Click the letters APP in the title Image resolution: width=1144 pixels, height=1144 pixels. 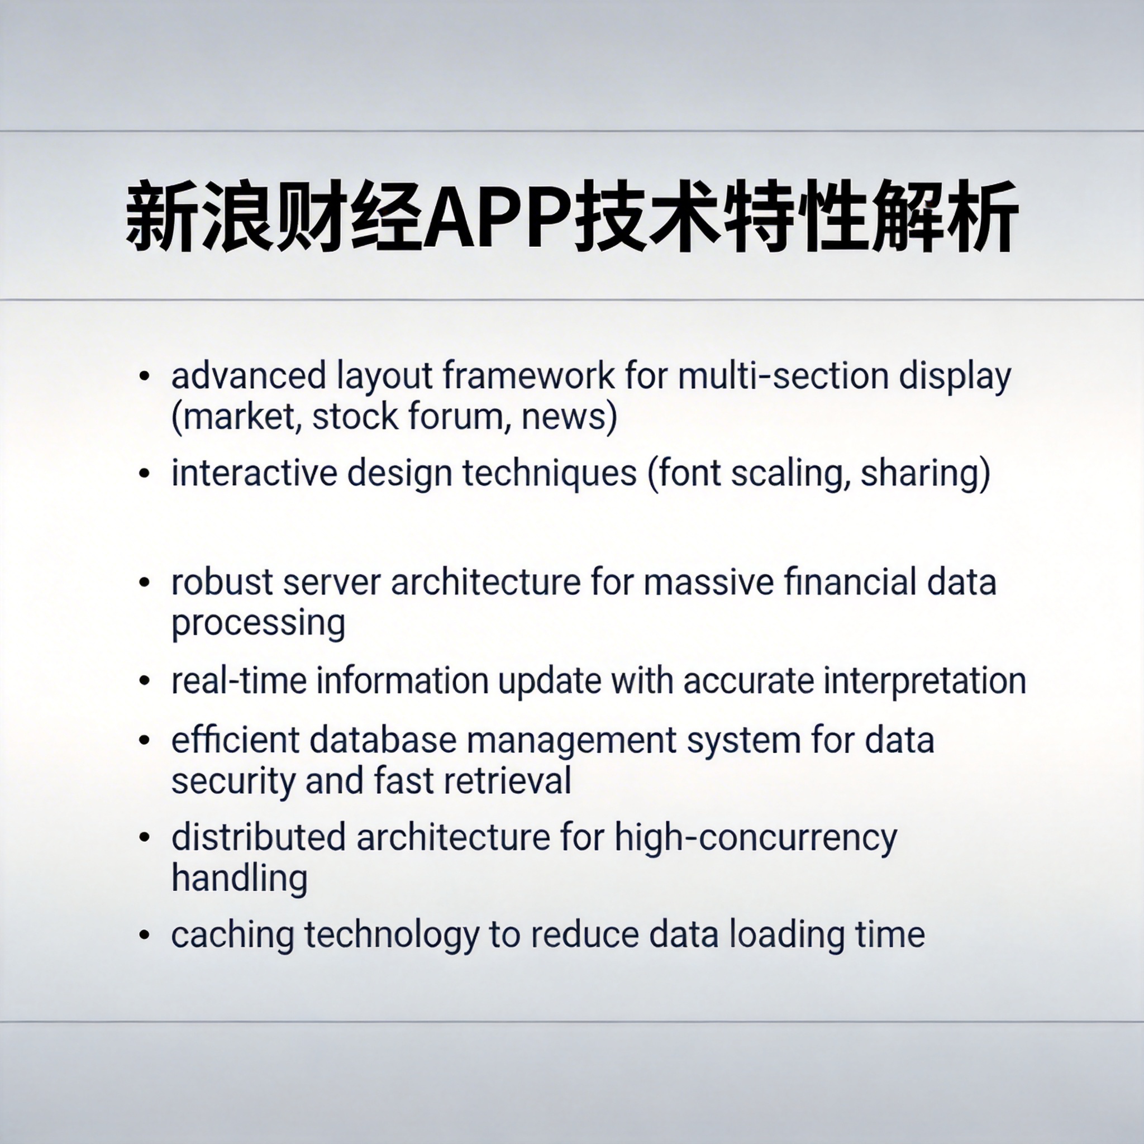tap(499, 217)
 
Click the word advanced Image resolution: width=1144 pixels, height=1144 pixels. tap(249, 376)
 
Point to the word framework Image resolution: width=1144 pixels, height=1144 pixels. tap(529, 376)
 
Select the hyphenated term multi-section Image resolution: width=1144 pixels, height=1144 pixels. tap(783, 376)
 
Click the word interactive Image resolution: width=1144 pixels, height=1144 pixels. tap(254, 473)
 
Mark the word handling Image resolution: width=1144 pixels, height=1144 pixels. tap(240, 878)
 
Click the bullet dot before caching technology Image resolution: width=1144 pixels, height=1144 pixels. tap(145, 936)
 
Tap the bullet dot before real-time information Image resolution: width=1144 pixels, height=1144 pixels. tap(145, 681)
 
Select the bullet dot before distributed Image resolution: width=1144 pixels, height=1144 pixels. tap(145, 838)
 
